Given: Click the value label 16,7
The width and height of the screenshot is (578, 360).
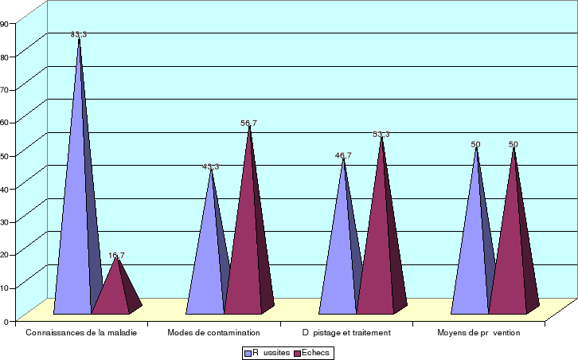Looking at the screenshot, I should click(116, 256).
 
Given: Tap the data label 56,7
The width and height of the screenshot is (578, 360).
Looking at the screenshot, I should click(248, 123).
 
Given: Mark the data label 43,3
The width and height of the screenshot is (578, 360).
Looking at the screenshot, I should click(210, 166).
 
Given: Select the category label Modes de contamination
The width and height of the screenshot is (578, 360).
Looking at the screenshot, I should click(213, 332).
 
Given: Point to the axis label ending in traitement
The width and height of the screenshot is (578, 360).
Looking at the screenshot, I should click(346, 332).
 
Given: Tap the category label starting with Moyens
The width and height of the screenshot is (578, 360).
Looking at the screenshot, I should click(478, 332).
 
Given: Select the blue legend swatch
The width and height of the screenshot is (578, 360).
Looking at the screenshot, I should click(247, 352).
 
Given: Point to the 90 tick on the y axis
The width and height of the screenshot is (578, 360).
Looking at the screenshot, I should click(4, 23).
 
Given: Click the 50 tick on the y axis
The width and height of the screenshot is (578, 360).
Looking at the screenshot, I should click(4, 155).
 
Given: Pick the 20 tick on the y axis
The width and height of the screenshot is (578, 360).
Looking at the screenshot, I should click(4, 254).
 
